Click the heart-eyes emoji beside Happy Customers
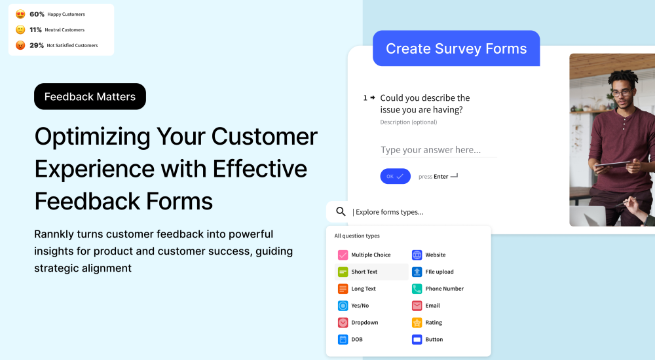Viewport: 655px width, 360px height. coord(20,14)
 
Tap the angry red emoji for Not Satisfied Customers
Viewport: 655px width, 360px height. coord(20,45)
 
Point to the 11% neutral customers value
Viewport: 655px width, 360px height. coord(35,29)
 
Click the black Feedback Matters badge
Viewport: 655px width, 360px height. coord(90,97)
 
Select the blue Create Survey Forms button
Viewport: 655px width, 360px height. coord(456,48)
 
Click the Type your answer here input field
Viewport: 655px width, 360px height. coord(438,150)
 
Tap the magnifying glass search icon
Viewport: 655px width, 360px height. coord(341,211)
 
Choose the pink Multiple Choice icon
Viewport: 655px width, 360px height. coord(343,255)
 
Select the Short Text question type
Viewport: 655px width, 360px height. coord(364,272)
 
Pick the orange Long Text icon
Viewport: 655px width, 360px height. coord(343,289)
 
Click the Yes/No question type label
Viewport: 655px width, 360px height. coord(360,306)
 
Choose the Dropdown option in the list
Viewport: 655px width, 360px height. coord(364,323)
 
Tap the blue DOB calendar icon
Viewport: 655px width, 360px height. coord(343,340)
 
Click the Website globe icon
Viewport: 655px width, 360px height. coord(417,255)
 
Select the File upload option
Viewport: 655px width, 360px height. coord(439,272)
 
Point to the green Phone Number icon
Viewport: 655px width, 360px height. coord(417,289)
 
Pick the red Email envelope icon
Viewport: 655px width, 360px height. coord(417,306)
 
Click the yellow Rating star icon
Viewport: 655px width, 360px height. coord(417,323)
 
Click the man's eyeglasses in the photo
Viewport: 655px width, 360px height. coord(622,93)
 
